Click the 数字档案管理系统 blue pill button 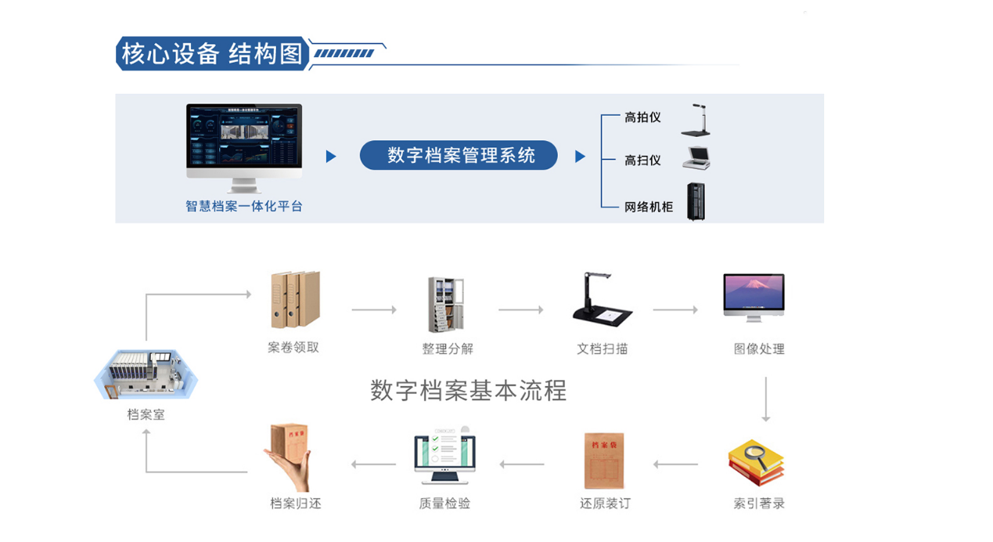tap(459, 156)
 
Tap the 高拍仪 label tap(642, 117)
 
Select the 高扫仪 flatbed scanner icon tap(696, 158)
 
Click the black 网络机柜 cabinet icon tap(696, 201)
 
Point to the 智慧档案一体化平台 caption tap(244, 207)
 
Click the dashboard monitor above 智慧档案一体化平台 tap(244, 141)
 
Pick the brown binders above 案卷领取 tap(294, 300)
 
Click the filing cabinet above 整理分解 tap(448, 305)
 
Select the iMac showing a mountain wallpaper tap(754, 297)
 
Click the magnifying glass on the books tap(755, 452)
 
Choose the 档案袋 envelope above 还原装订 tap(604, 461)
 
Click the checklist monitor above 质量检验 tap(444, 456)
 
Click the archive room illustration tap(146, 374)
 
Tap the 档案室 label tap(146, 414)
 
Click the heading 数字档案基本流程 tap(468, 390)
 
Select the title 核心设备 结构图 tap(211, 54)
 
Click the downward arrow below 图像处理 tap(766, 399)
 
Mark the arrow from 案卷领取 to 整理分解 tap(374, 310)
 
